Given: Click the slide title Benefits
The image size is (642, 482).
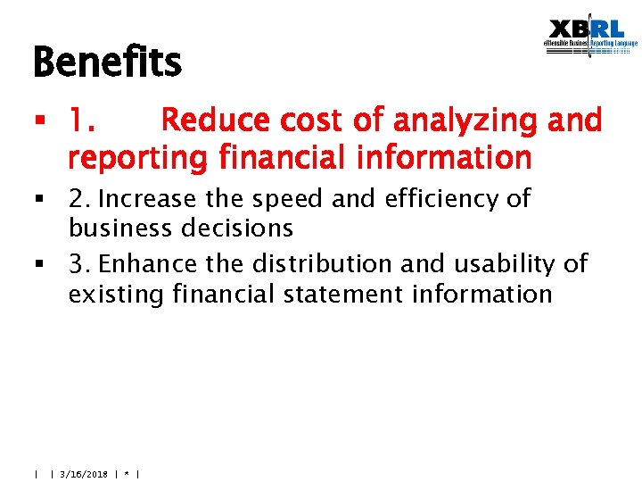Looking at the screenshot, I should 107,63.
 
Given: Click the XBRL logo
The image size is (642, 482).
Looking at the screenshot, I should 591,39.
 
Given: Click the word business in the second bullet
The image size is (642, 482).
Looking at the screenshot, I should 120,229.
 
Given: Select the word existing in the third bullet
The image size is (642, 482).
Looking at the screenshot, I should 116,294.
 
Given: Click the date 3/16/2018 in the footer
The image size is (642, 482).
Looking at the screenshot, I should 83,474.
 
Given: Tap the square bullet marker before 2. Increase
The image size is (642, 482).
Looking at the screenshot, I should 39,199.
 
